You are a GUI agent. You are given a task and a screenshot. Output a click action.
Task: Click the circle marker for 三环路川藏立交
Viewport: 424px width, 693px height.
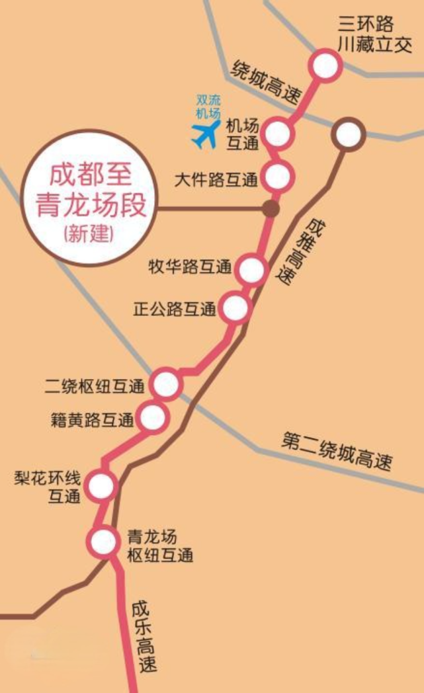coord(325,66)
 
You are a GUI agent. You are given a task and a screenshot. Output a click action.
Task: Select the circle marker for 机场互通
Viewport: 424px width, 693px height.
coord(278,134)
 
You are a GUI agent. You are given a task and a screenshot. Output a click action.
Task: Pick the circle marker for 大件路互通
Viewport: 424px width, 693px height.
coord(277,177)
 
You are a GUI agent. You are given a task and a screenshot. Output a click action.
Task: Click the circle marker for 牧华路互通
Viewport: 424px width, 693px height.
coord(251,270)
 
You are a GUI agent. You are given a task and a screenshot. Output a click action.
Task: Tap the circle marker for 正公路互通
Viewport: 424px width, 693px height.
coord(235,308)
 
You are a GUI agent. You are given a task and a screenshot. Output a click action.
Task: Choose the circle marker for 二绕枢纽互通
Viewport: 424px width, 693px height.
coord(165,384)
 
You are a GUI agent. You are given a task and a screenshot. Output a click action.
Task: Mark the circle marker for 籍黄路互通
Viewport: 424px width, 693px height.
coord(152,417)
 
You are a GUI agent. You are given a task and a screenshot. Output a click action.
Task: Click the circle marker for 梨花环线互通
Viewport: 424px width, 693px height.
coord(102,487)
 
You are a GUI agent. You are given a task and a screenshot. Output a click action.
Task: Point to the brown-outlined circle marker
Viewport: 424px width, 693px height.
coord(348,135)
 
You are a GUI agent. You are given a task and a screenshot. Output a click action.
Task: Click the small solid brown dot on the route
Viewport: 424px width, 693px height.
coord(270,209)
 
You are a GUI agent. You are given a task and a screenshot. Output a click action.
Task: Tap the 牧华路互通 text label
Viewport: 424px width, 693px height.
coord(190,268)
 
